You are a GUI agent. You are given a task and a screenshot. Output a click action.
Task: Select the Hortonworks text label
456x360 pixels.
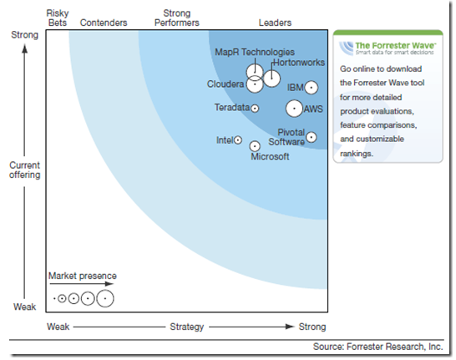tap(299, 63)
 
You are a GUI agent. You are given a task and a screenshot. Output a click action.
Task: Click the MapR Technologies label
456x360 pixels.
tap(255, 52)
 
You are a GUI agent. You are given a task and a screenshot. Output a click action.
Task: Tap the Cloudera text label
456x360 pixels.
tap(225, 84)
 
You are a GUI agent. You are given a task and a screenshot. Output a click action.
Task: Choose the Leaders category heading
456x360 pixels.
tap(275, 23)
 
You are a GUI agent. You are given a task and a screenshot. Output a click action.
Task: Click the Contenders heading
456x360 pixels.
tap(104, 23)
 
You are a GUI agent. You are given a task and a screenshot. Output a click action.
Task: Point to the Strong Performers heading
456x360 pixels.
tap(177, 18)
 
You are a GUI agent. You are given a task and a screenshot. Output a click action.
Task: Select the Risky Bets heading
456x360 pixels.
tap(58, 18)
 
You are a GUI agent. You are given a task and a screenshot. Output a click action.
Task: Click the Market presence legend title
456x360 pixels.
tap(83, 276)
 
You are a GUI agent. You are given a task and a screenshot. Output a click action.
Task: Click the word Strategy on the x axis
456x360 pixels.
tap(187, 327)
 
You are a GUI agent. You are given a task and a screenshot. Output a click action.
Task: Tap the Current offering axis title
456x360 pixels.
tap(25, 170)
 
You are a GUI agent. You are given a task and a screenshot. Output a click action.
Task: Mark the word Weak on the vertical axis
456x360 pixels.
tap(25, 307)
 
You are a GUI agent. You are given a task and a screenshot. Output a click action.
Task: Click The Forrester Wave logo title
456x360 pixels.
tap(396, 45)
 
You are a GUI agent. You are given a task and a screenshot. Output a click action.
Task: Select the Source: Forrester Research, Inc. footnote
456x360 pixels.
tap(378, 347)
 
